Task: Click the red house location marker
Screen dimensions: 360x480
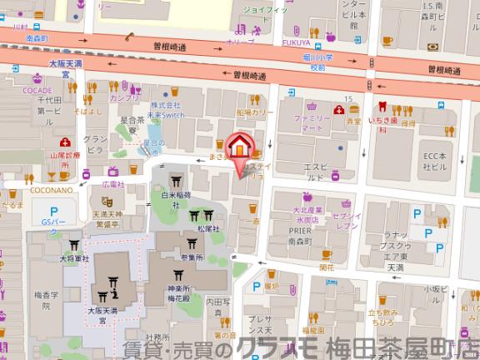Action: [x=240, y=147]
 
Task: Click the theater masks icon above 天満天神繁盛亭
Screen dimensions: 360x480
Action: [x=107, y=201]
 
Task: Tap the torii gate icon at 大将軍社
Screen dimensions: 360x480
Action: [x=74, y=246]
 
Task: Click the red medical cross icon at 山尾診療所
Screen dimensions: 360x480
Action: [x=65, y=141]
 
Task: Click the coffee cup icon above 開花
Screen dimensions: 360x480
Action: [x=326, y=254]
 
